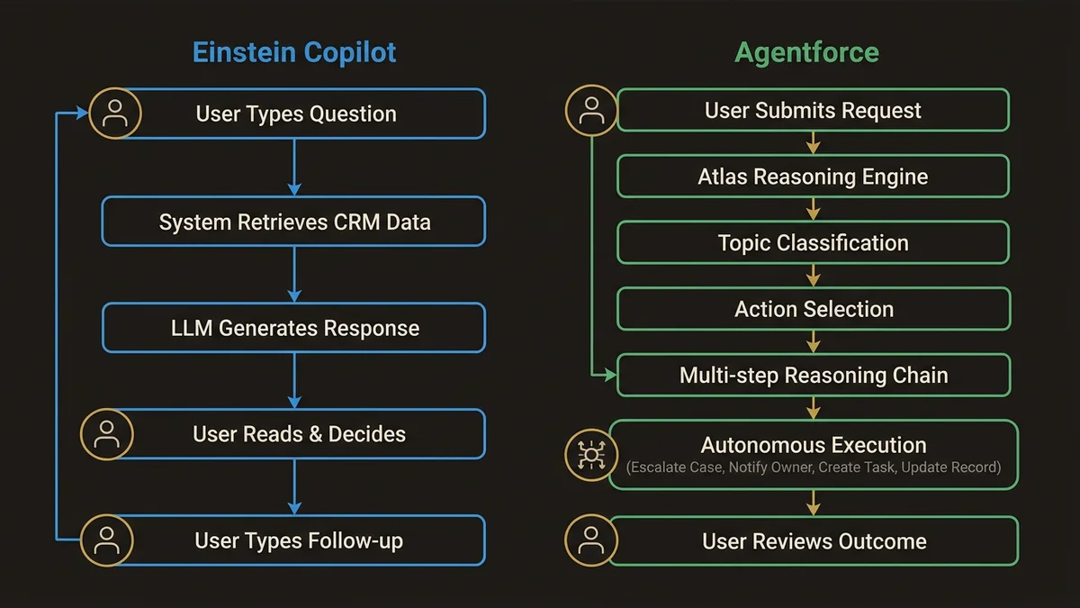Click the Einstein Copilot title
click(294, 52)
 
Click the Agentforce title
click(806, 52)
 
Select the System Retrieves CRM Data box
click(294, 222)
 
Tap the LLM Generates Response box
click(294, 328)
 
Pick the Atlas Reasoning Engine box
click(813, 177)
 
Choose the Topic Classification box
click(813, 243)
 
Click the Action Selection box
click(813, 309)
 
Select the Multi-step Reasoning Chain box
click(813, 376)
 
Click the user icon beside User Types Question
click(114, 113)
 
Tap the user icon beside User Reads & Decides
click(107, 434)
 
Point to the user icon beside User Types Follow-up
click(107, 540)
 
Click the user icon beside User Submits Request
click(590, 111)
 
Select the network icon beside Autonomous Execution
click(590, 455)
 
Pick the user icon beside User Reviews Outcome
click(590, 540)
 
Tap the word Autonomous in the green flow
click(756, 445)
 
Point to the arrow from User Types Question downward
click(294, 168)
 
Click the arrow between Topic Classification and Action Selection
click(813, 276)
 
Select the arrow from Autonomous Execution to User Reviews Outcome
click(813, 503)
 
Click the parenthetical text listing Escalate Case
click(813, 467)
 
